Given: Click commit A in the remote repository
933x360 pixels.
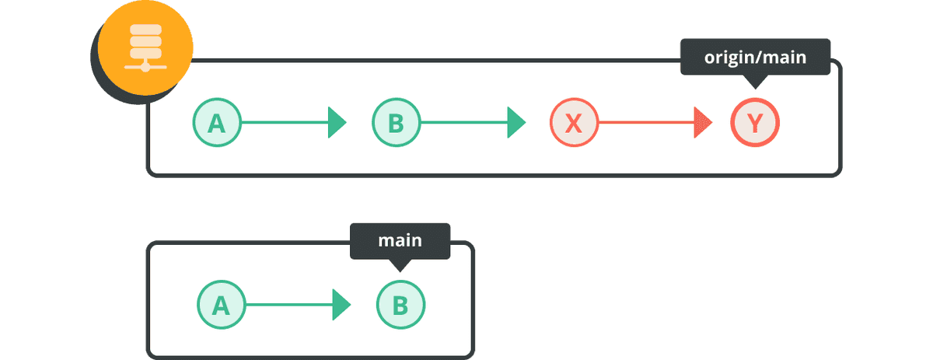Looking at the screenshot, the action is pos(217,123).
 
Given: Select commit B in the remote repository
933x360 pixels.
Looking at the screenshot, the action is pos(396,123).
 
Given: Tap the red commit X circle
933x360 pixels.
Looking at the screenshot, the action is pos(575,123).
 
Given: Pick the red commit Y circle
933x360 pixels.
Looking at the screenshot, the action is pos(755,123).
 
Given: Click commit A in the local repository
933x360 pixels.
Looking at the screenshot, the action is pos(221,305).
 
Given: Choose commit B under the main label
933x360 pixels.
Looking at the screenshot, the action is pos(400,305).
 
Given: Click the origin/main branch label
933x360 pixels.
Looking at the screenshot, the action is pos(755,57).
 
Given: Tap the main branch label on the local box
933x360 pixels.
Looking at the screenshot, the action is pos(400,241).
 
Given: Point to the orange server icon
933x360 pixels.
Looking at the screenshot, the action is pos(145,47).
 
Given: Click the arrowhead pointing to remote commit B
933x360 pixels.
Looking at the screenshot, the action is pos(337,123).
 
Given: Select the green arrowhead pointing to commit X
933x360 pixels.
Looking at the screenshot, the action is pos(516,123).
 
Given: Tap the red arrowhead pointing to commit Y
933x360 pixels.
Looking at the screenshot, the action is pos(703,123).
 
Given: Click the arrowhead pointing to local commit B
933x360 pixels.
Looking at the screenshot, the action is pos(341,305).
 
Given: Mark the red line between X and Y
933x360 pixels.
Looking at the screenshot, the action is pos(646,123).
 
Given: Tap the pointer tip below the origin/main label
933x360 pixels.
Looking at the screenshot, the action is pos(755,89).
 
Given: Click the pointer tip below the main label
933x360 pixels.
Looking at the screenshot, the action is pos(400,272).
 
